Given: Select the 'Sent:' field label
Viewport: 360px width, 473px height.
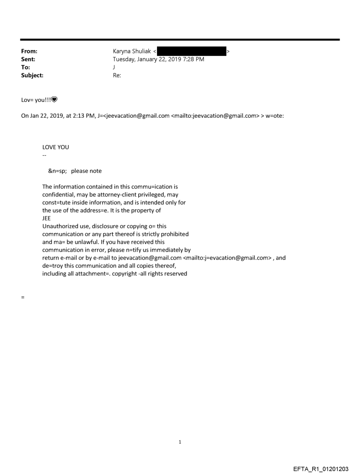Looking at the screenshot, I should (28, 60).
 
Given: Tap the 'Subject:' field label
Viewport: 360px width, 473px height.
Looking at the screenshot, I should (31, 75).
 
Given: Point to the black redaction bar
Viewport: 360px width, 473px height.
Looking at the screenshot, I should (191, 52).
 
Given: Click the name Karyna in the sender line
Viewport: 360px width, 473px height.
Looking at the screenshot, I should (123, 52).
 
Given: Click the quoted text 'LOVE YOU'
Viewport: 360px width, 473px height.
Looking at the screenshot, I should (56, 147).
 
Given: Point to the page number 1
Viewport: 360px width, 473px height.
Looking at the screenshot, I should (180, 442).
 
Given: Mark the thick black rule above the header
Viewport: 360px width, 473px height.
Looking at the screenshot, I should (180, 40).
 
